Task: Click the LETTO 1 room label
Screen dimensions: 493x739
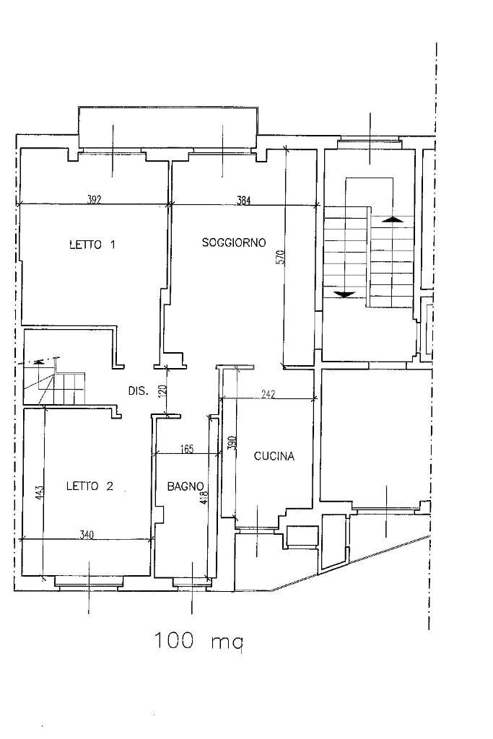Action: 92,245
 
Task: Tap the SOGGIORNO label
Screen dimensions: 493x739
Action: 234,242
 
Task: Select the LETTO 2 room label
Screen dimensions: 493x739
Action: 90,486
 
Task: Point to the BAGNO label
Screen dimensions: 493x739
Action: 186,486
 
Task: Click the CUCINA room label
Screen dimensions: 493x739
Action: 274,456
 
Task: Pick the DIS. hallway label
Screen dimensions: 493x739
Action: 139,390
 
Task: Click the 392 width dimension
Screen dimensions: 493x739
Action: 95,200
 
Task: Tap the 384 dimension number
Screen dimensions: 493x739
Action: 243,201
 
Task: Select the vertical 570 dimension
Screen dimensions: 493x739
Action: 280,257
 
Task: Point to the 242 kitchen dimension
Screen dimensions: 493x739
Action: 268,395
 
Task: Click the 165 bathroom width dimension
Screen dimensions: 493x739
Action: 187,449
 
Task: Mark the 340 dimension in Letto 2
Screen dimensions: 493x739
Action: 86,535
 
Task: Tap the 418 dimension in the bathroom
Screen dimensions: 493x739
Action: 204,497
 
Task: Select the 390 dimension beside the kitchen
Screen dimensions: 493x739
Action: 231,443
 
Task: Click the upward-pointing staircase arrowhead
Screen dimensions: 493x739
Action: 393,219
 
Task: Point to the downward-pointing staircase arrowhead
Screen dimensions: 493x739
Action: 344,294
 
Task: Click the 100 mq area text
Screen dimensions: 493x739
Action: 198,641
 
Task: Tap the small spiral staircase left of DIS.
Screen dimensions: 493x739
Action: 55,382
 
